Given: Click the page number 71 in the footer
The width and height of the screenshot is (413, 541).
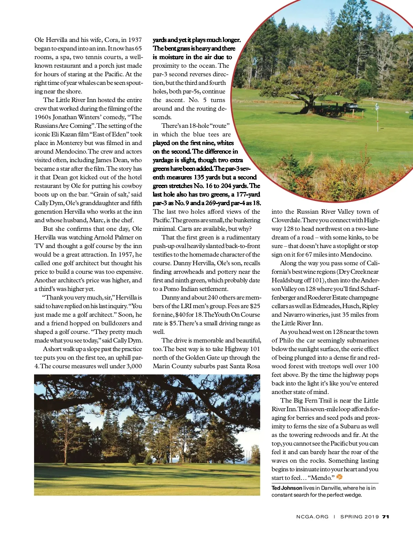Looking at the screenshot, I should (x=385, y=517).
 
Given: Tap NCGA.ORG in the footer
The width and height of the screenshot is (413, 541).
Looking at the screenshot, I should (x=312, y=517).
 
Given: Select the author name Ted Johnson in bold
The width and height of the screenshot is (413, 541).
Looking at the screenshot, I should (x=287, y=488).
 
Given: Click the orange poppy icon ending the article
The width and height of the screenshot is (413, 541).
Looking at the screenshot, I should (x=339, y=477).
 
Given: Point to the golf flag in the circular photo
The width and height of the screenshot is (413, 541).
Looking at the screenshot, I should (x=377, y=107).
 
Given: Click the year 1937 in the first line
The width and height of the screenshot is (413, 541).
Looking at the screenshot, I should (x=135, y=40).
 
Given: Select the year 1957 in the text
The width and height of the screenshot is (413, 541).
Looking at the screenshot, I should (x=126, y=255).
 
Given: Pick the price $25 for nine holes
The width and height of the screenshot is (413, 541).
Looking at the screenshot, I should (x=255, y=306).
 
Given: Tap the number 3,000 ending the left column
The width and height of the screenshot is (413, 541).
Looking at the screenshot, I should (x=134, y=366).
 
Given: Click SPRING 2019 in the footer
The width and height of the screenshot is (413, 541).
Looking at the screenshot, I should (x=359, y=517).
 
